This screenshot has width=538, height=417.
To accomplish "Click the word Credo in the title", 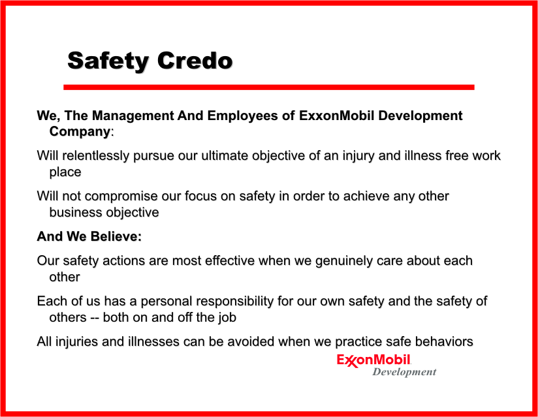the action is (195, 61).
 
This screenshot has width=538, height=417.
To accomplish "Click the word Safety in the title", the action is (108, 62).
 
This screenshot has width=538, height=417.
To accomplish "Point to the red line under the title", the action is (268, 87).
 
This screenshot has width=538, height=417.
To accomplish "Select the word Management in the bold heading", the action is (133, 116).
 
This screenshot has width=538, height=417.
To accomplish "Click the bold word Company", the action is (80, 132).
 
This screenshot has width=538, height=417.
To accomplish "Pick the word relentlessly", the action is (96, 156).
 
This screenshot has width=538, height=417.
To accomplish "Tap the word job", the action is (227, 318).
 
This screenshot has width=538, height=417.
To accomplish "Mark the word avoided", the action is (251, 341).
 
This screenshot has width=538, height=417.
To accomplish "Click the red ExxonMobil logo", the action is (373, 360).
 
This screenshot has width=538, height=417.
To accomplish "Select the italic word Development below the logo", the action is (405, 372).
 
